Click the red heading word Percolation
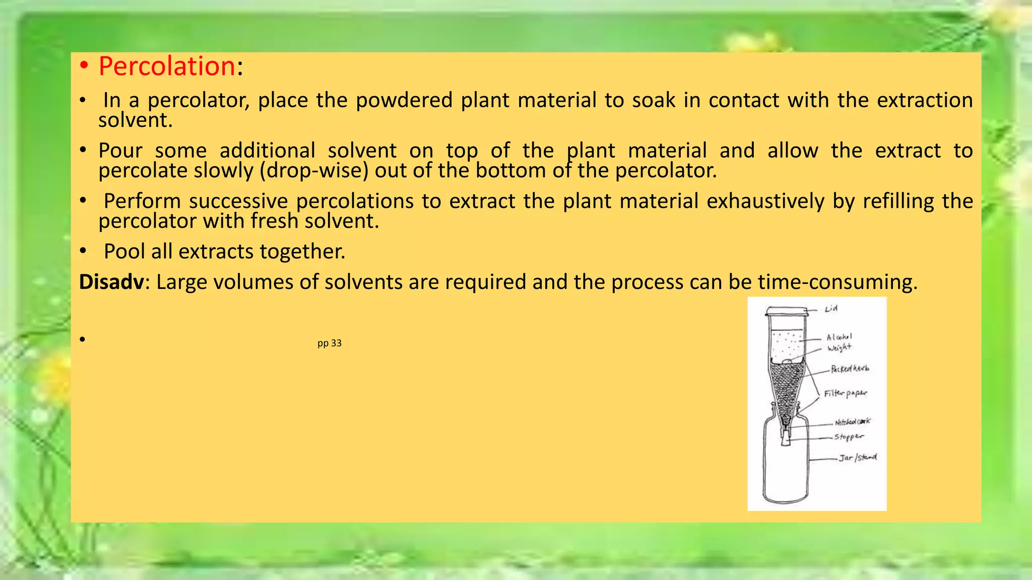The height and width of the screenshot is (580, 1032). pyautogui.click(x=167, y=66)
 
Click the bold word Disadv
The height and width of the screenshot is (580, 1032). pyautogui.click(x=111, y=281)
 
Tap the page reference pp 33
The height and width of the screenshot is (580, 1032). pyautogui.click(x=330, y=343)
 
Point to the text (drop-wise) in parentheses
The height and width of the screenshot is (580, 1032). pyautogui.click(x=314, y=171)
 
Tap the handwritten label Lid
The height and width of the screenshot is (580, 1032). pyautogui.click(x=831, y=308)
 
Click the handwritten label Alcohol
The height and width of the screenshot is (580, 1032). pyautogui.click(x=839, y=336)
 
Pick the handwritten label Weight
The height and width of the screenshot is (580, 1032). pyautogui.click(x=839, y=347)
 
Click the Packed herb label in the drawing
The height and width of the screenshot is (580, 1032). pyautogui.click(x=850, y=369)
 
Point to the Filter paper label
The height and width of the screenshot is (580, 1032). pyautogui.click(x=845, y=393)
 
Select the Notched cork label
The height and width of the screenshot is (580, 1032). pyautogui.click(x=852, y=421)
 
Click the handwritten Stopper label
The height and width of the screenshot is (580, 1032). pyautogui.click(x=849, y=437)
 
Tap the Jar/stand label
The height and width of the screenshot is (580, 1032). pyautogui.click(x=858, y=457)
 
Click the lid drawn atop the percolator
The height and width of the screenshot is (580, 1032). pyautogui.click(x=787, y=311)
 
